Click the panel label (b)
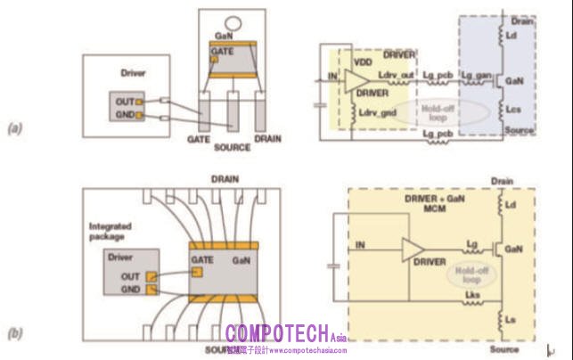pyautogui.click(x=15, y=336)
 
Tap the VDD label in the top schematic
pyautogui.click(x=363, y=64)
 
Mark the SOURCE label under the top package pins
pyautogui.click(x=233, y=147)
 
